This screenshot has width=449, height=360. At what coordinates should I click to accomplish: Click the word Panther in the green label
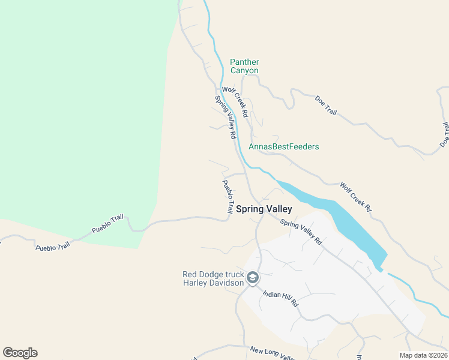click(x=244, y=62)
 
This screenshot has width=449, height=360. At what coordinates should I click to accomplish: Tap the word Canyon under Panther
click(x=244, y=71)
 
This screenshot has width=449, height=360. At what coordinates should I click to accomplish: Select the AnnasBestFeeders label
click(x=284, y=147)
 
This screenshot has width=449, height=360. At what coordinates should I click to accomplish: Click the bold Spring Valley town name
click(x=264, y=209)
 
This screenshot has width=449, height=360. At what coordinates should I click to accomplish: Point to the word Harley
click(x=197, y=283)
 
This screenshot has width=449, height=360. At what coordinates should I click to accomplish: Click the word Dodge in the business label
click(x=212, y=275)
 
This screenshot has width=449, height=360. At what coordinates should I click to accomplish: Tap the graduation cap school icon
click(x=253, y=278)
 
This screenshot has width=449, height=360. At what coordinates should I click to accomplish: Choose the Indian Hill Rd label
click(x=280, y=298)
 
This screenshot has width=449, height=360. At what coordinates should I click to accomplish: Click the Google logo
click(x=20, y=353)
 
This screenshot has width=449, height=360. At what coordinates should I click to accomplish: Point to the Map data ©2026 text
click(x=423, y=355)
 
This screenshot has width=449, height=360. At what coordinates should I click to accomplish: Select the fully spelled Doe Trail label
click(x=326, y=107)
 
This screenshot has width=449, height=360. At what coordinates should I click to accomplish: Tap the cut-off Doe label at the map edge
click(x=445, y=134)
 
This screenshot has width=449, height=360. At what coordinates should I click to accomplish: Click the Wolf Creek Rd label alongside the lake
click(x=356, y=197)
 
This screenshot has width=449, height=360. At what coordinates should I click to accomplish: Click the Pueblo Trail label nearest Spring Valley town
click(x=228, y=197)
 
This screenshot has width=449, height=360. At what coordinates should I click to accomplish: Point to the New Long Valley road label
click(x=273, y=353)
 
